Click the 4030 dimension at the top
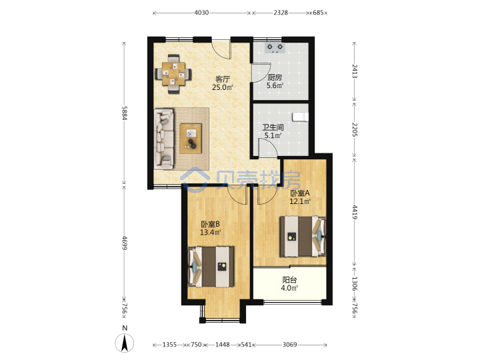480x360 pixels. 201,13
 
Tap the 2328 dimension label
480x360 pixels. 281,13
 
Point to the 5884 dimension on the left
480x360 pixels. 124,113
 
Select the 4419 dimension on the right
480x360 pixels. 355,212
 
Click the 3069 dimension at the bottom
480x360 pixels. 289,345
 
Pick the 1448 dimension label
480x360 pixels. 223,345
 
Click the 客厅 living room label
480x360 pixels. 223,79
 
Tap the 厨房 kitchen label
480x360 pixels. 275,77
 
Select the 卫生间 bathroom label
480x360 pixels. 273,127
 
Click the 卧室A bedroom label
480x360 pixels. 300,193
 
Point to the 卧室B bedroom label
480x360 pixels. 210,224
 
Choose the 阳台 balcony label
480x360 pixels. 289,280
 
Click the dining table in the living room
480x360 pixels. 173,74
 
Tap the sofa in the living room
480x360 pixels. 164,139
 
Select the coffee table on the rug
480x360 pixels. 191,139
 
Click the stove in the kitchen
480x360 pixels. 275,48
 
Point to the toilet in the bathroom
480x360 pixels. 300,117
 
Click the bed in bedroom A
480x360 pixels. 303,236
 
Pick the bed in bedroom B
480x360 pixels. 211,267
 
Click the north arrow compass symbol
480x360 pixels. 124,343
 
